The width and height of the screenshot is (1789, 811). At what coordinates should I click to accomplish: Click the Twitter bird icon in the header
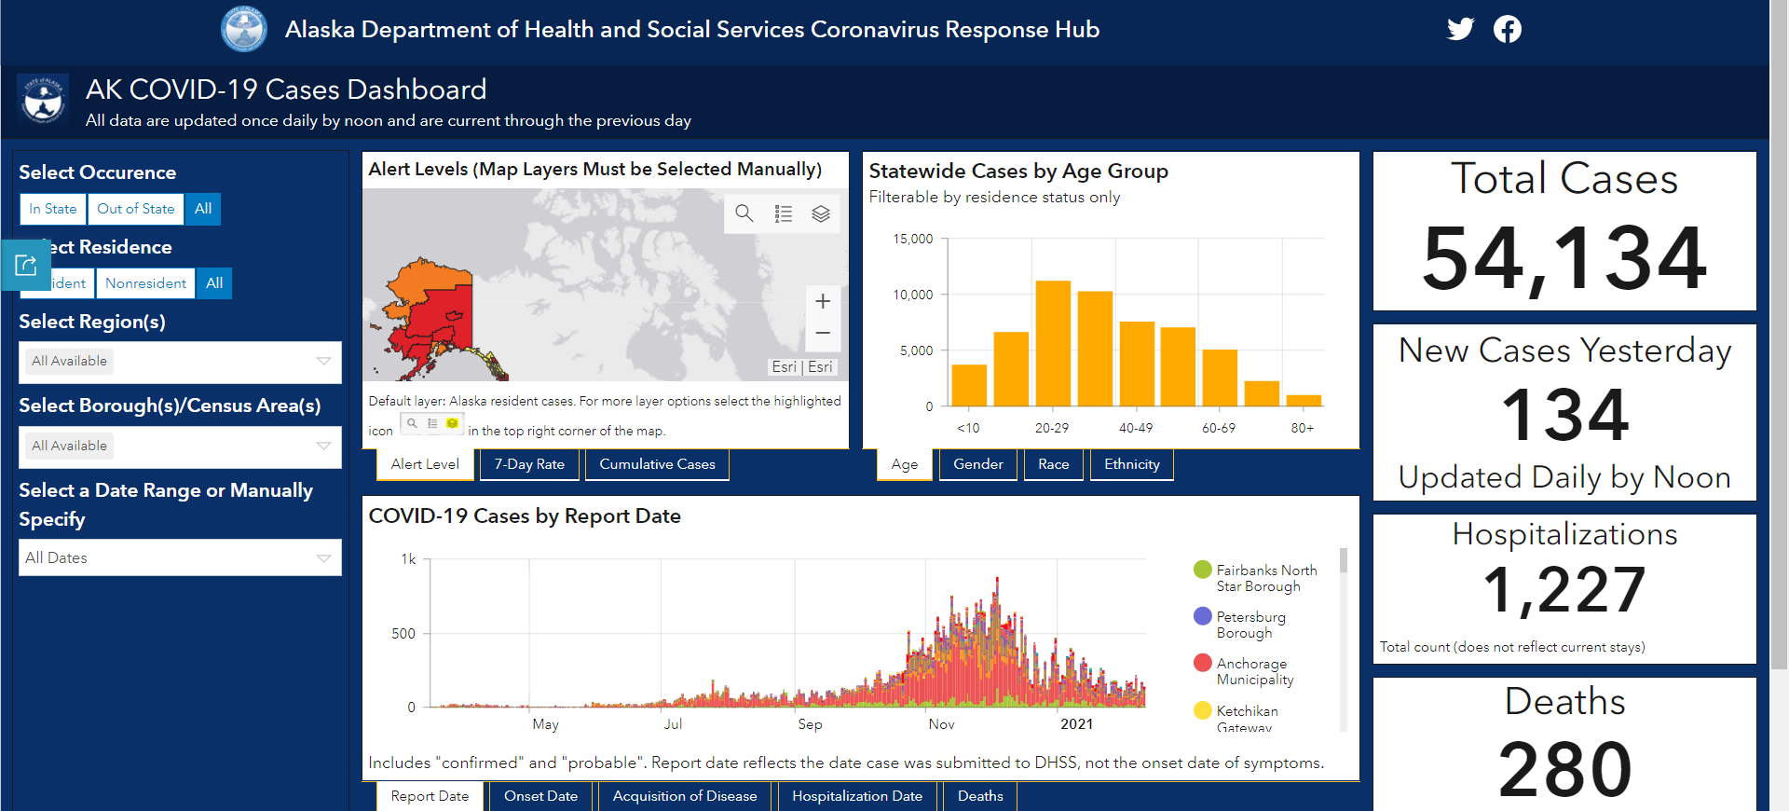coord(1460,29)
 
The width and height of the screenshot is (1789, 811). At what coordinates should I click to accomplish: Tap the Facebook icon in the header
coord(1508,29)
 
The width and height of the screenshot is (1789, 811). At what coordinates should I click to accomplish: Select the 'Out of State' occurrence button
coord(136,209)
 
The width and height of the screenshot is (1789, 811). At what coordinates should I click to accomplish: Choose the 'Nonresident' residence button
coord(145,283)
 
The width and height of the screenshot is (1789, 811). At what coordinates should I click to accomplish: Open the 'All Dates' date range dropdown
coord(180,557)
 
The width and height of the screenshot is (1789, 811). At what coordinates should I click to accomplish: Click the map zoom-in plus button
coord(823,301)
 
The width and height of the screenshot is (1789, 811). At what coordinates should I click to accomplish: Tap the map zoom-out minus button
coord(823,333)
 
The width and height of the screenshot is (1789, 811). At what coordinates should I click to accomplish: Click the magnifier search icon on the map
coord(744,213)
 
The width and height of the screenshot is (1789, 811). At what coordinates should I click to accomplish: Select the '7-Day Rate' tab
coord(529,464)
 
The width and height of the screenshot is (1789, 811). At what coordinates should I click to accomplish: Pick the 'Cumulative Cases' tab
coord(657,464)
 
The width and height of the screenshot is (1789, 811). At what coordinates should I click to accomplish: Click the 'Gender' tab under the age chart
coord(978,464)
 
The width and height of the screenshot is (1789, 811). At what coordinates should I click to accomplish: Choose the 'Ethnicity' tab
coord(1132,464)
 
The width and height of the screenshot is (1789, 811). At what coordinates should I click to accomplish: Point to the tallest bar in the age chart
coord(1053,343)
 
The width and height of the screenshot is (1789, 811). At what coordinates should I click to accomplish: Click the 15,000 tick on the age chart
coord(913,239)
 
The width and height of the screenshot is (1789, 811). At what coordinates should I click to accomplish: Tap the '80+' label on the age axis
coord(1303,428)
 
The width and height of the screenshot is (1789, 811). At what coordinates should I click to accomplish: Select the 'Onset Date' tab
coord(540,796)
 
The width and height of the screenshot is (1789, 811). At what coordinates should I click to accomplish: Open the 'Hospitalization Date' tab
coord(857,796)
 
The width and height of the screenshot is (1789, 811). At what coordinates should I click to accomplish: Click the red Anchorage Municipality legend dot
coord(1203,663)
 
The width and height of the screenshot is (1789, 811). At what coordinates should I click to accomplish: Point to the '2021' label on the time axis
coord(1076,724)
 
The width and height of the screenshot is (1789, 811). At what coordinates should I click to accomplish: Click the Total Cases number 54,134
coord(1564,259)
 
